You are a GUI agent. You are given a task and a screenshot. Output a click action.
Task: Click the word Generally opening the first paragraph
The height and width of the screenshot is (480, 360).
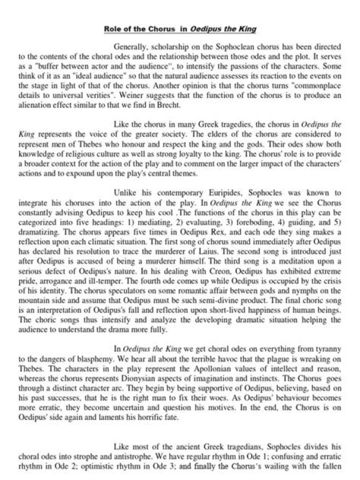point(131,46)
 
